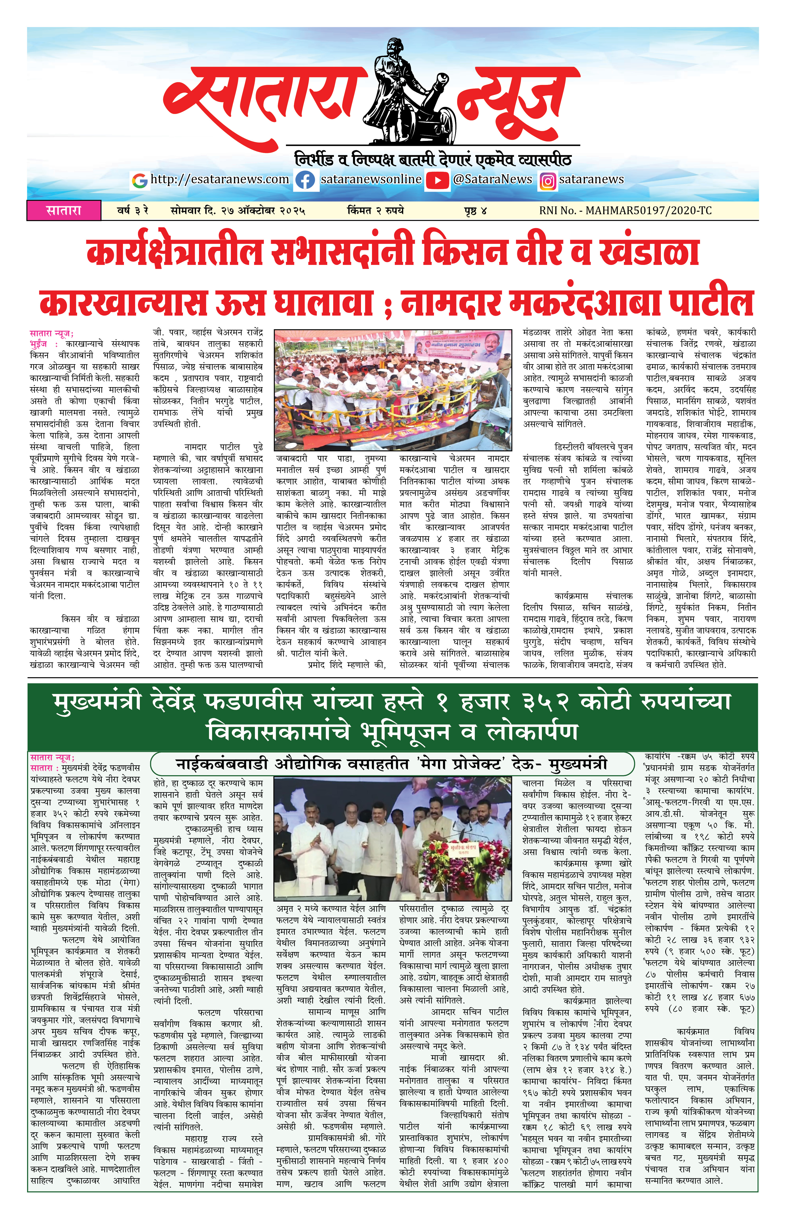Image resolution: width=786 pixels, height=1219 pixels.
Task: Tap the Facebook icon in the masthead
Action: tap(305, 180)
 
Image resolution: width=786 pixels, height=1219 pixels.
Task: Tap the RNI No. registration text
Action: tap(625, 210)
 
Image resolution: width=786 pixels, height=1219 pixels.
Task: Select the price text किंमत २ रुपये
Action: tap(375, 210)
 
